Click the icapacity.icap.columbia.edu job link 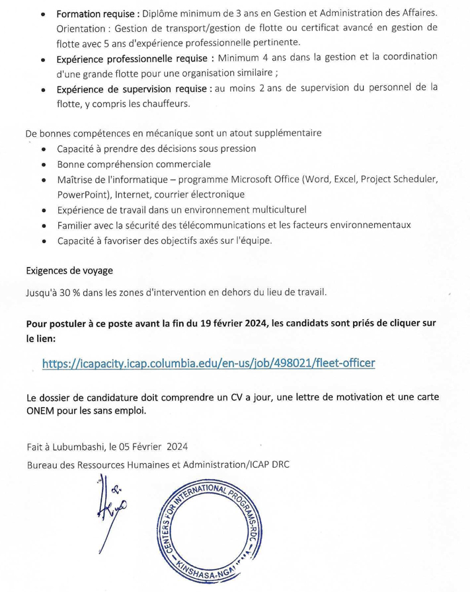(208, 363)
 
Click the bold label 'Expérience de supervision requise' (134, 89)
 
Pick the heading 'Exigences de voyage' (69, 270)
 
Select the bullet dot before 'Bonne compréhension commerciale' (43, 165)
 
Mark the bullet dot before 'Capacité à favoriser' (43, 241)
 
